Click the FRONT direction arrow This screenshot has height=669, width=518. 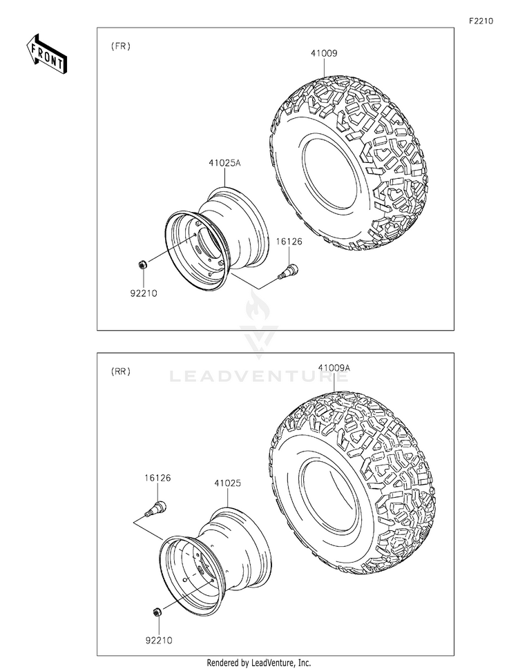[46, 54]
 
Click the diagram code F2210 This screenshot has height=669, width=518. [481, 21]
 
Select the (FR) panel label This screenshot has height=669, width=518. [120, 46]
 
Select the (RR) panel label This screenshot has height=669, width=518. [120, 371]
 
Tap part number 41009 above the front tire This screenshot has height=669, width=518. [324, 53]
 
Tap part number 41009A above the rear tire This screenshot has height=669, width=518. [334, 368]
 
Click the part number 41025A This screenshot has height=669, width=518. [225, 163]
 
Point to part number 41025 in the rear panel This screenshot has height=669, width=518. [227, 483]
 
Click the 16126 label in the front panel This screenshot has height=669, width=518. [289, 242]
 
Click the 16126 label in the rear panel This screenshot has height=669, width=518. [157, 478]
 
